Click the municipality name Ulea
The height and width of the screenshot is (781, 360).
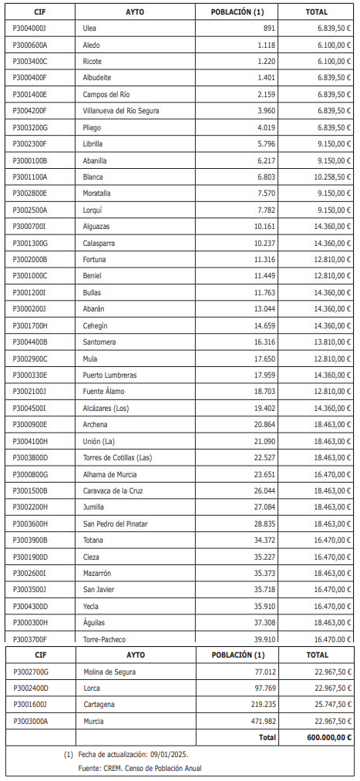[90, 28]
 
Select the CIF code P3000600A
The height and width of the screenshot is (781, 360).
[30, 45]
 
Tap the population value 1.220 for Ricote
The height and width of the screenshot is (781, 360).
[265, 61]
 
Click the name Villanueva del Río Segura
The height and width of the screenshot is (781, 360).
[121, 111]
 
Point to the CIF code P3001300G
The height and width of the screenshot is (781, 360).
[30, 243]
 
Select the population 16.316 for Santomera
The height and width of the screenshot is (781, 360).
[263, 342]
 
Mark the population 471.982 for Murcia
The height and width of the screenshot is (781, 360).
[261, 721]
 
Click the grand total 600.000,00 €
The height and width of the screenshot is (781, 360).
[328, 737]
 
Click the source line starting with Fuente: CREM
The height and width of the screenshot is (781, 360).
[140, 769]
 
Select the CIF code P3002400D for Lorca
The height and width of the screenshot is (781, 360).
[31, 688]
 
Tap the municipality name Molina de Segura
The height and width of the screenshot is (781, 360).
[109, 672]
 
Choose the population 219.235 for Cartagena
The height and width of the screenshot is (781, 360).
[261, 705]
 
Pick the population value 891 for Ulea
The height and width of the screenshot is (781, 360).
[268, 28]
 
